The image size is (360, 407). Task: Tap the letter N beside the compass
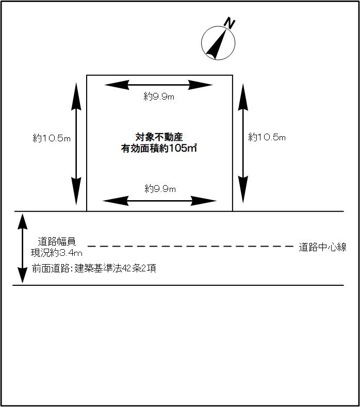click(230, 23)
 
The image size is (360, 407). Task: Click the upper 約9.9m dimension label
click(159, 96)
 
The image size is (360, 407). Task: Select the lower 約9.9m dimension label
click(160, 189)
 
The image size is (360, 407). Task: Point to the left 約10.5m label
click(51, 138)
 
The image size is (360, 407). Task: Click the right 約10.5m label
click(267, 137)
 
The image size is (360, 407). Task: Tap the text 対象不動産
click(159, 137)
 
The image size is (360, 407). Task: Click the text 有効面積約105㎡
click(159, 149)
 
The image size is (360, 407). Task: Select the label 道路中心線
click(323, 247)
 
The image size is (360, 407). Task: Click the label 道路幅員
click(57, 241)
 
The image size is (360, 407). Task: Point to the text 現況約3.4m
click(56, 252)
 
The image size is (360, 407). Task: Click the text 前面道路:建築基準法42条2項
click(93, 268)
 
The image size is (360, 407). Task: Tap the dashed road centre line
click(191, 247)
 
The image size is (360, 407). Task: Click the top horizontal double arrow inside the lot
click(158, 85)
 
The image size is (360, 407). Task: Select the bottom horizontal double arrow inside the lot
click(159, 200)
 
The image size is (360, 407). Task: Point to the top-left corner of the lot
click(87, 75)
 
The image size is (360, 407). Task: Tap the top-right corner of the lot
click(233, 75)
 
